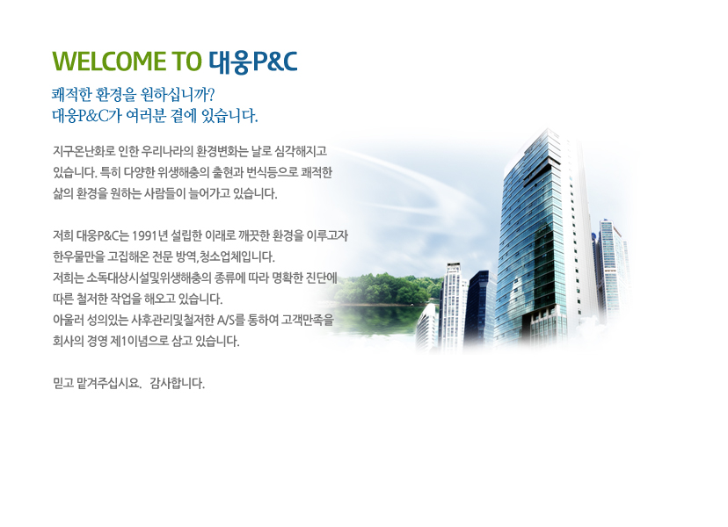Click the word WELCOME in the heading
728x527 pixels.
click(x=109, y=61)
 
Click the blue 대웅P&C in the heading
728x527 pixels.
click(x=253, y=62)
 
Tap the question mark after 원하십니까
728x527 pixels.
click(x=211, y=95)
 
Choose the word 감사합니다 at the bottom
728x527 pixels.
click(x=177, y=384)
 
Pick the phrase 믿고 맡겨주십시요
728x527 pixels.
click(x=97, y=384)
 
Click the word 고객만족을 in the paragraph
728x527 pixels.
click(x=308, y=320)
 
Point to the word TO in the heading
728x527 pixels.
click(x=186, y=61)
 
